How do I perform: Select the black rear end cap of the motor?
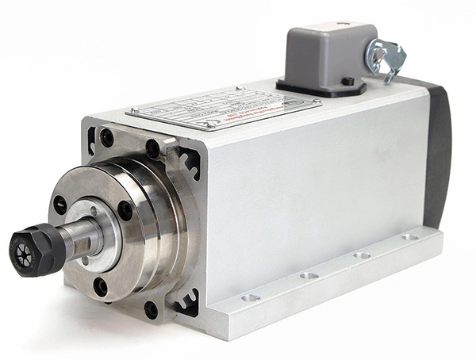tap(436, 159)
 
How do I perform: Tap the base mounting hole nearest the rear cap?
tap(409, 236)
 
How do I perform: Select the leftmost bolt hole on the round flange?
tap(60, 205)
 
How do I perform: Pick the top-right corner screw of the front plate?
tap(152, 148)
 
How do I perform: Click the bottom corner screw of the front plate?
tap(151, 308)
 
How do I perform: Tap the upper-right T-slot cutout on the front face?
tap(190, 163)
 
